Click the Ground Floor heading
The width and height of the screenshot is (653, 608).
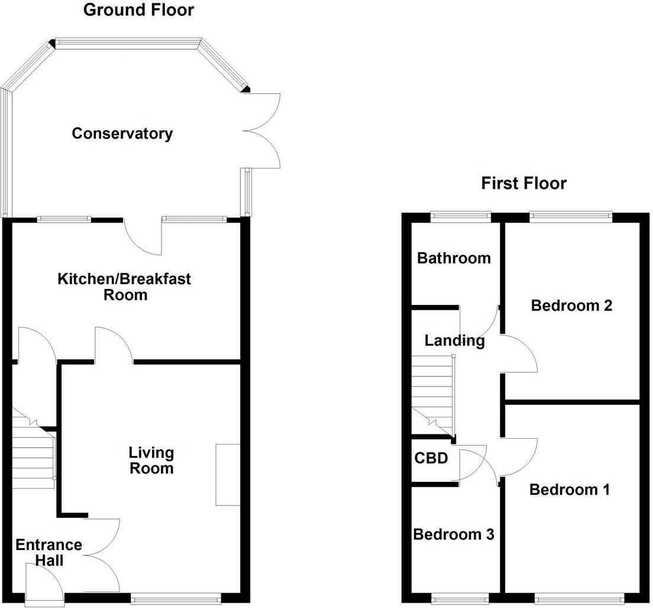point(138,10)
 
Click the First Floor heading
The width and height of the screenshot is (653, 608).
point(523,184)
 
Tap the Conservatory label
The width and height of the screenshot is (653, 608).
point(122,133)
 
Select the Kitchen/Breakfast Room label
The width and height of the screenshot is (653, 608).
point(124,287)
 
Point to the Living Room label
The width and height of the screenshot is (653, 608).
point(151,461)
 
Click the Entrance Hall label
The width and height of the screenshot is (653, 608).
point(49,552)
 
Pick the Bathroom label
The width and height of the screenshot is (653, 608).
point(454,258)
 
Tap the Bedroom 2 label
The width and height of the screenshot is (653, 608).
point(571,305)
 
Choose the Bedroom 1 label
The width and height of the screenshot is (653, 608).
point(569,489)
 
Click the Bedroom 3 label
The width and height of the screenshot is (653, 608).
point(454,534)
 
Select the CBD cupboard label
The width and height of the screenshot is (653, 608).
point(431,458)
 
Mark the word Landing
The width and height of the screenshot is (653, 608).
point(454,341)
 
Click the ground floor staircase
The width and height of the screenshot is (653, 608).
point(33,448)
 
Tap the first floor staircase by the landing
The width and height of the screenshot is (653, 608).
point(433,395)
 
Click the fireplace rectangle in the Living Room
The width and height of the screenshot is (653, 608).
point(228,475)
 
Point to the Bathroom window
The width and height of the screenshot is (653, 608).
point(461,215)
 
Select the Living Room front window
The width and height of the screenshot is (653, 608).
point(176,599)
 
